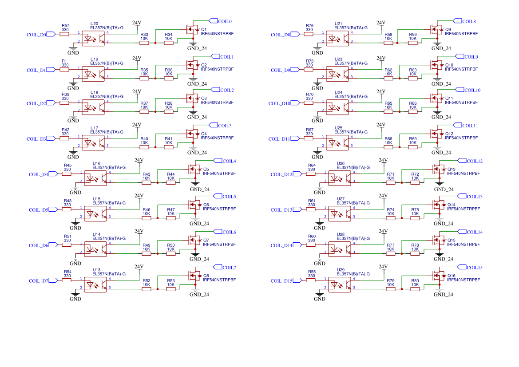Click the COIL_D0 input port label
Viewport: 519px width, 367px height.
36,34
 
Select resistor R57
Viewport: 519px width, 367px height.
65,33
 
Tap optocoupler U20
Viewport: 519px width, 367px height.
93,38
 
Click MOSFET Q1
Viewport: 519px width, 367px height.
193,30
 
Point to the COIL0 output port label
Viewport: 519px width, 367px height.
226,21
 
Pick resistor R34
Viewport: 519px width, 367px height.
169,43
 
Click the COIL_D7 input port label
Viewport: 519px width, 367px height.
39,280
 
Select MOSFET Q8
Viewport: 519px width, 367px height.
195,276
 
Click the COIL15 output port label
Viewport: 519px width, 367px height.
474,268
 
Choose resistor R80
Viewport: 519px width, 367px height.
415,289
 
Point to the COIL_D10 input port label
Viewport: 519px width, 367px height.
279,103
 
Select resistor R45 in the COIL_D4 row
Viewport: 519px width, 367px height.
67,174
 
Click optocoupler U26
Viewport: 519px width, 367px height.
340,178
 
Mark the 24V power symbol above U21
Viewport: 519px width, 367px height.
380,23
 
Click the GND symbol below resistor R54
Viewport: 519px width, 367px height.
76,295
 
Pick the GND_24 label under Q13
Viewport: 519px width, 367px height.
444,189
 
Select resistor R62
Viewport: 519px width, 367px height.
388,79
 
